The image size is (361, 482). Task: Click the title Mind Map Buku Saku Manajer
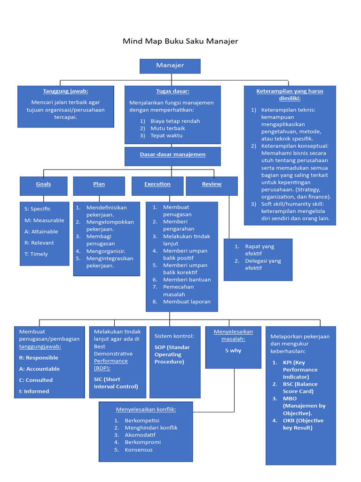(x=180, y=41)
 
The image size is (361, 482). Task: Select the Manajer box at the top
(x=170, y=66)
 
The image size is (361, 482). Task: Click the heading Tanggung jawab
(x=65, y=91)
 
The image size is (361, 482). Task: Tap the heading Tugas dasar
(x=173, y=91)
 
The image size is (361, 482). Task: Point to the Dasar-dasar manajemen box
(x=173, y=154)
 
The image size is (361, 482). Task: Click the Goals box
(x=44, y=185)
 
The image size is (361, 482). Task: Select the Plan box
(x=99, y=185)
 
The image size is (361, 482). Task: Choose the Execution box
(x=157, y=185)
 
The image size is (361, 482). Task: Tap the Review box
(x=212, y=185)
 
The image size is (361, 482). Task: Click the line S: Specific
(x=38, y=209)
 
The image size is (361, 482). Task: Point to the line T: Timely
(x=36, y=254)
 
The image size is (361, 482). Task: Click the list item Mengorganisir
(x=105, y=251)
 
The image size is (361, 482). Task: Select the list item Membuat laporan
(x=187, y=302)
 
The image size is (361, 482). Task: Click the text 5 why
(x=233, y=351)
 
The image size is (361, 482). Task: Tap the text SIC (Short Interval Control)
(x=116, y=383)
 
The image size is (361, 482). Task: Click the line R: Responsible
(x=39, y=358)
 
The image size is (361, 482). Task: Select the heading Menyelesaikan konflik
(x=146, y=410)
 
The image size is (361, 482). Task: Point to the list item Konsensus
(x=139, y=450)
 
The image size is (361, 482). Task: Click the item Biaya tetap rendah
(x=175, y=121)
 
